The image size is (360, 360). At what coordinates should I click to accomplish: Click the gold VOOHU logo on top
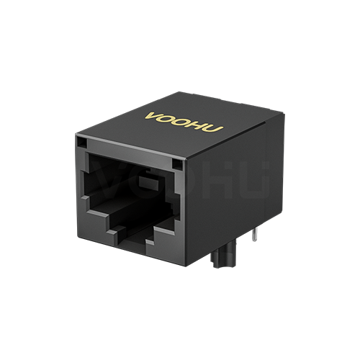[184, 122]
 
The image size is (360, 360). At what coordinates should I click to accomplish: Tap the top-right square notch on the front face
[177, 165]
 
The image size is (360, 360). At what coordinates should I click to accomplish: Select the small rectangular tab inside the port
[149, 182]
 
